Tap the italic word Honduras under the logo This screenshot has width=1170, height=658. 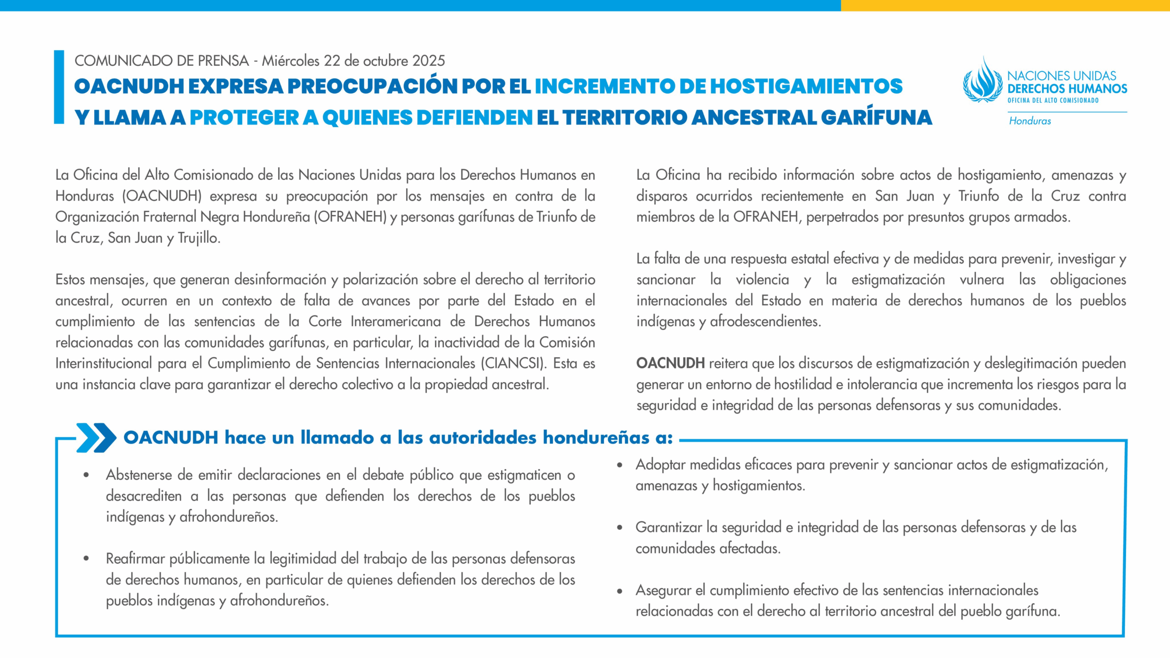[x=1030, y=121]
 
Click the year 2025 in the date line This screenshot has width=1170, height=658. [x=428, y=61]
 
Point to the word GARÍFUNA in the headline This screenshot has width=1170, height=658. [x=876, y=117]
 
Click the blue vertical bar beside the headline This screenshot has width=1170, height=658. [x=59, y=87]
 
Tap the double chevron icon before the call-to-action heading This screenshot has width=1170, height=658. [x=96, y=437]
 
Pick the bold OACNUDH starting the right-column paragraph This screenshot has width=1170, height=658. [x=670, y=363]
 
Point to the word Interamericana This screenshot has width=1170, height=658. [x=395, y=321]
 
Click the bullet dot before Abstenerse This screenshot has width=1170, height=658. [x=86, y=475]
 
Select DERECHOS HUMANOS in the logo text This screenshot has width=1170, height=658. [x=1067, y=88]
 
